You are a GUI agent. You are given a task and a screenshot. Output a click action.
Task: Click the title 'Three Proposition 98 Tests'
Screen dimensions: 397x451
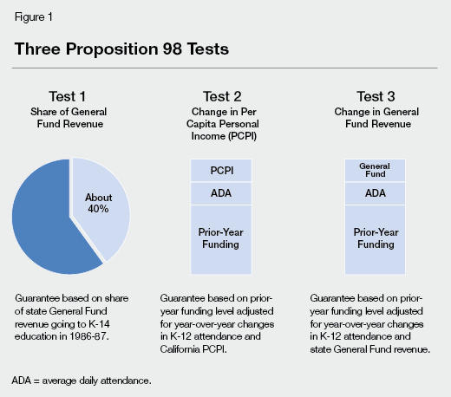(121, 49)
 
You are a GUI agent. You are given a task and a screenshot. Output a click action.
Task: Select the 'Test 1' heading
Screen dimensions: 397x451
(70, 98)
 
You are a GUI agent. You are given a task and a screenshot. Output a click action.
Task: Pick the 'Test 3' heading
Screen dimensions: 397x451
(376, 98)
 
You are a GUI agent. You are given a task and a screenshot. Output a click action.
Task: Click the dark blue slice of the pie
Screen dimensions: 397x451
(48, 217)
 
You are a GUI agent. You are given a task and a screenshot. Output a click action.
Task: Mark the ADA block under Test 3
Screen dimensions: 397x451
(376, 193)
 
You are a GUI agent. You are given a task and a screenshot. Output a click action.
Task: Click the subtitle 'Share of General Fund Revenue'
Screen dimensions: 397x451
(70, 118)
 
